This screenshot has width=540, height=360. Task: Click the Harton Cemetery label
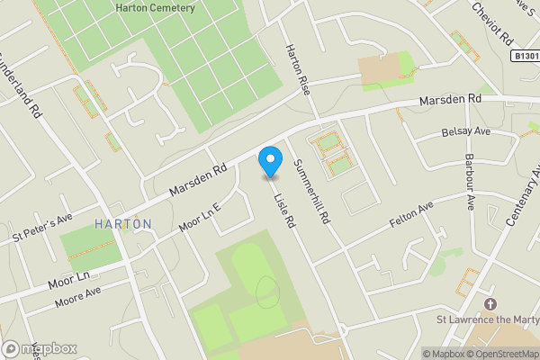(155, 8)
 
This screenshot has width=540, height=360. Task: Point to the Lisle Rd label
(285, 206)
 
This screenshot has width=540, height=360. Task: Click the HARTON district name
(122, 223)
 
